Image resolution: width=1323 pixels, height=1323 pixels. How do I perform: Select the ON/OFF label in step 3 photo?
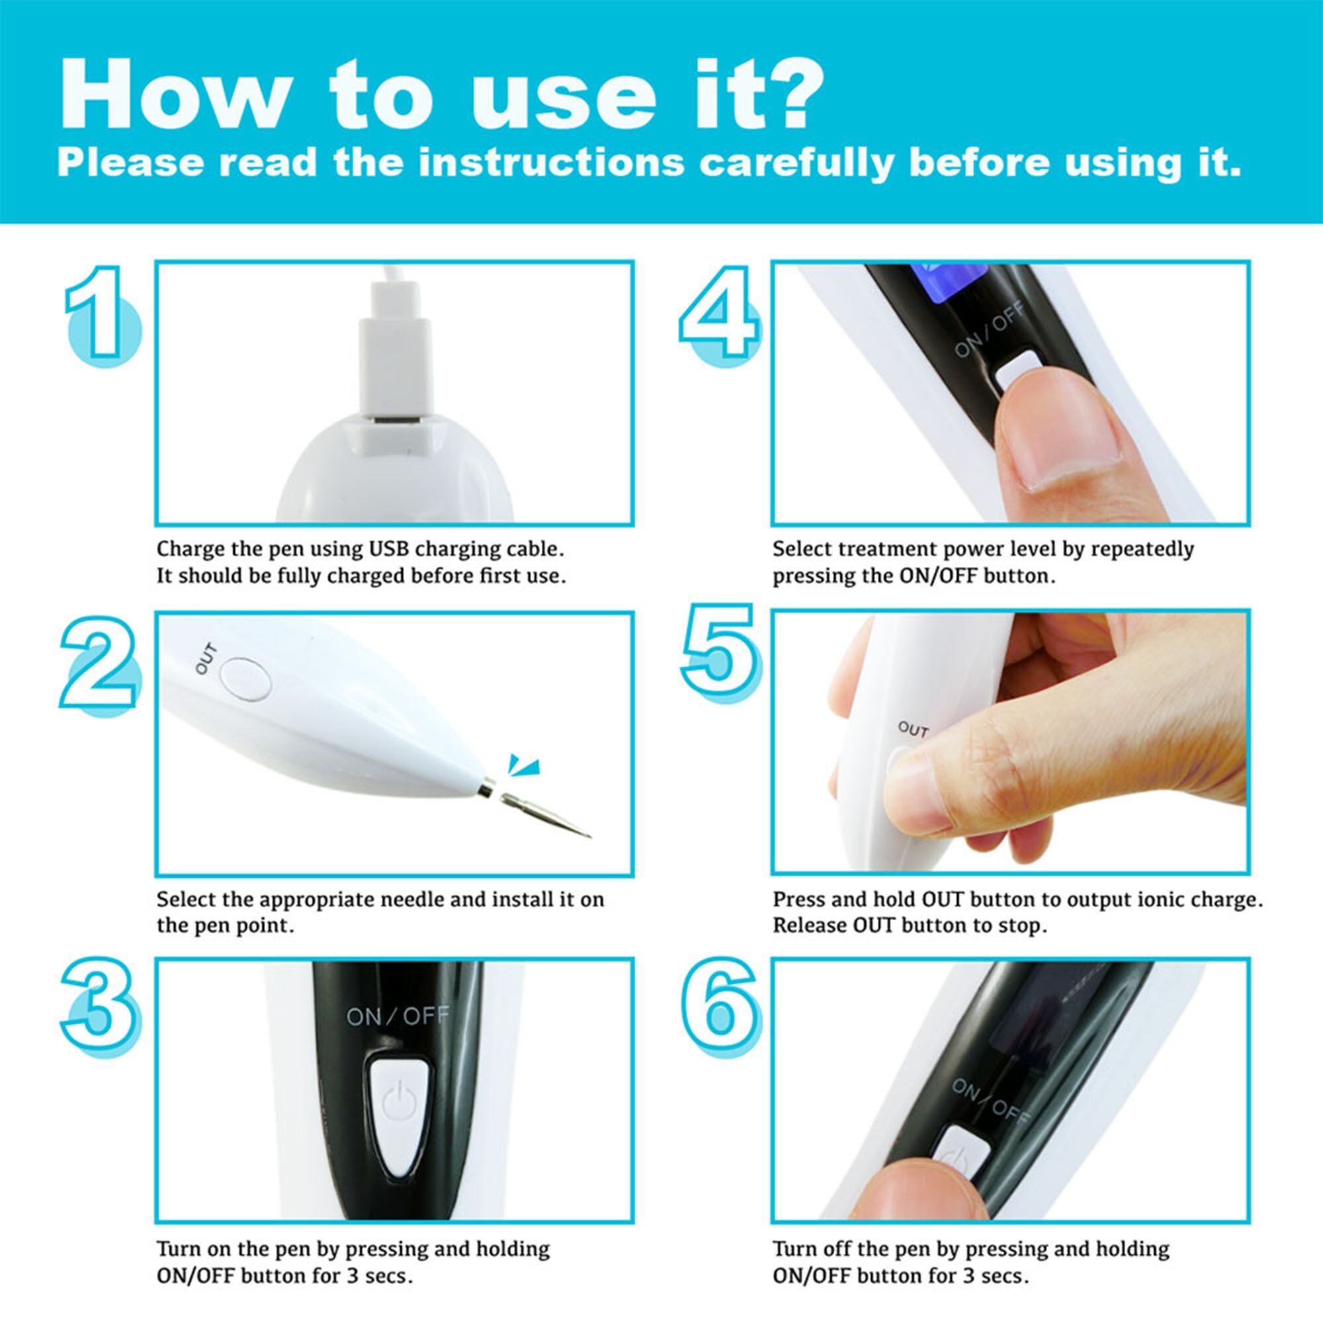click(x=397, y=1016)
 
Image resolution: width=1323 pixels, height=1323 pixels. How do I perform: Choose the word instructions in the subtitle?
click(x=552, y=163)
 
